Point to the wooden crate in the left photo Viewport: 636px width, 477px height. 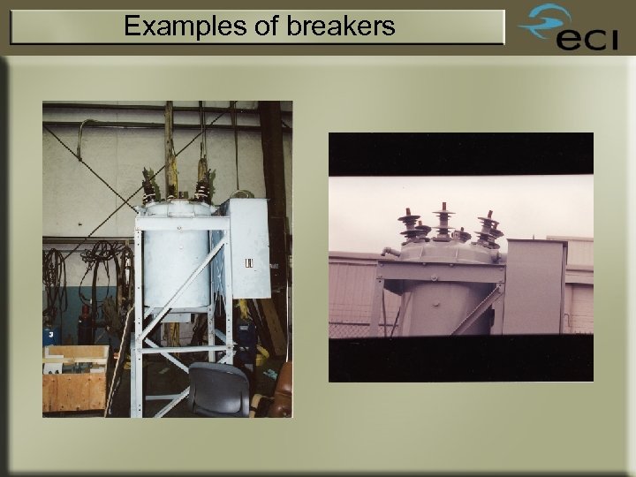pyautogui.click(x=75, y=389)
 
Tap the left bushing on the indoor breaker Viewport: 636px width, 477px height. pyautogui.click(x=150, y=188)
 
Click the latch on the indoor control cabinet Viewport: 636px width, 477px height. pyautogui.click(x=249, y=263)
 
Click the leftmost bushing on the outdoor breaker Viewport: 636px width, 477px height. pyautogui.click(x=411, y=226)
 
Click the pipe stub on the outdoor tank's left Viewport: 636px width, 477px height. pyautogui.click(x=389, y=251)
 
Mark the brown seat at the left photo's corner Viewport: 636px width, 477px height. pyautogui.click(x=281, y=402)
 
